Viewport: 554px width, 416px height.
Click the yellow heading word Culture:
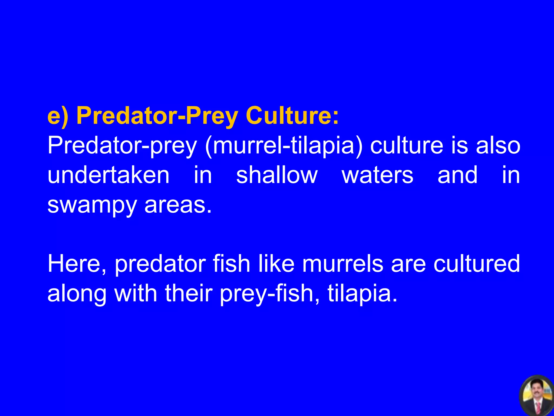[x=292, y=116]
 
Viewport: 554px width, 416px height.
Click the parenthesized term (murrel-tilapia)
[x=283, y=146]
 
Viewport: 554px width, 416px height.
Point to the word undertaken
[x=108, y=175]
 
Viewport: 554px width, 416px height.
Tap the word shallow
[x=277, y=175]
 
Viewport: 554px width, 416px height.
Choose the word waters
[x=377, y=176]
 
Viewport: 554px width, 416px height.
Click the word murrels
[x=342, y=264]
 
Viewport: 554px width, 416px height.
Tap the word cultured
[x=477, y=264]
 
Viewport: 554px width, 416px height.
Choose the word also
[x=498, y=146]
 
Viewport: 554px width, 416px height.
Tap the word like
[x=276, y=264]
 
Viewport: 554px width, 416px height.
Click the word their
[x=189, y=294]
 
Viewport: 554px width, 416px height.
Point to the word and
[x=457, y=175]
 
